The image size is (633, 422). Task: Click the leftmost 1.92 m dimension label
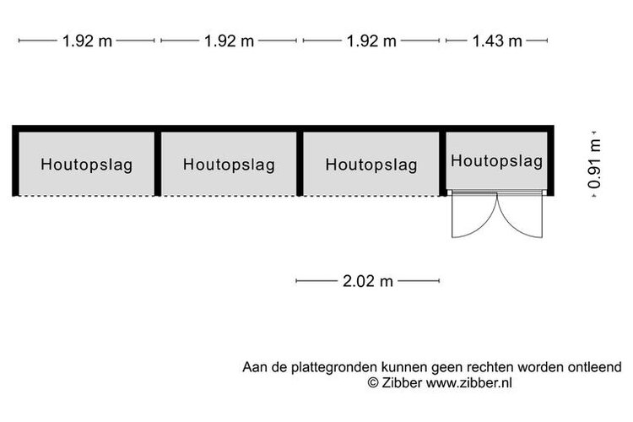(x=87, y=41)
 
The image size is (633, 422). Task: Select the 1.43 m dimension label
(x=497, y=41)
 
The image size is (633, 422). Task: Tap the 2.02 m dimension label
(x=368, y=281)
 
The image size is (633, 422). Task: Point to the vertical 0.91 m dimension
(x=594, y=164)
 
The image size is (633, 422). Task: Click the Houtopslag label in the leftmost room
(x=87, y=165)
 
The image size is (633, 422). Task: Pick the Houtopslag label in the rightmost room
(x=497, y=160)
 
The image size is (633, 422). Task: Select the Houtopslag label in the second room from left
(x=229, y=165)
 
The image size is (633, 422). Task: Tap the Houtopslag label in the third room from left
(x=371, y=165)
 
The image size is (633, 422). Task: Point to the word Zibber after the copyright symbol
(x=402, y=382)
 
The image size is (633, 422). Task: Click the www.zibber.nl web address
(x=469, y=382)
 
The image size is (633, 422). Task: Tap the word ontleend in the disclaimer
(x=595, y=367)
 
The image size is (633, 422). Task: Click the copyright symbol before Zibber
(x=373, y=382)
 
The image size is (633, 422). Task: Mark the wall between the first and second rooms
(x=158, y=164)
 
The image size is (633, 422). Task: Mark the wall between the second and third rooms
(x=300, y=164)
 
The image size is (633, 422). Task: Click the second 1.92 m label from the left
(x=230, y=41)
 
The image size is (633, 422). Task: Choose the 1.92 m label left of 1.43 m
(x=372, y=41)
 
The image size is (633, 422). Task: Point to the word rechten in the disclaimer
(x=490, y=367)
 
